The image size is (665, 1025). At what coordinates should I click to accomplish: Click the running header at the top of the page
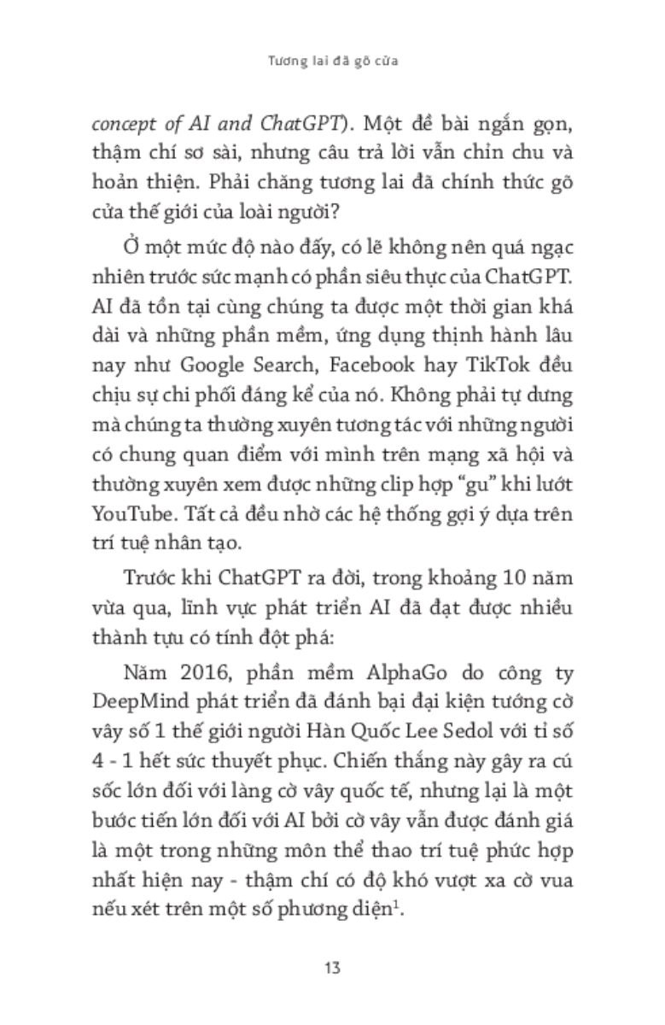(332, 62)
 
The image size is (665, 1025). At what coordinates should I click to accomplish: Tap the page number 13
(333, 968)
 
